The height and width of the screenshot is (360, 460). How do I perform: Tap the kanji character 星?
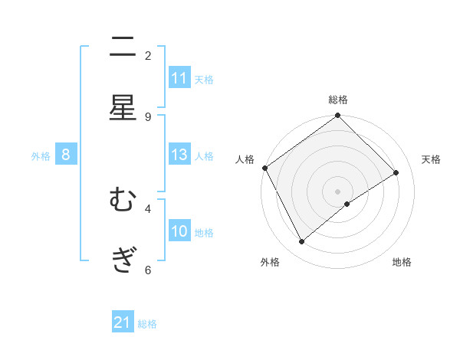(123, 108)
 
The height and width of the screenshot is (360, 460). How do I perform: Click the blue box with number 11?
(179, 78)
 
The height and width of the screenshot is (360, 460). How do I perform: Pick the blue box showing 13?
(179, 155)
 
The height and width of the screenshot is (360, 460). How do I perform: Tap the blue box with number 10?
(179, 231)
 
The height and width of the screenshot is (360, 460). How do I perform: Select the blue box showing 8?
(66, 155)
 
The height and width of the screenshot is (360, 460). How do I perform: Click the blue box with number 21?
(123, 322)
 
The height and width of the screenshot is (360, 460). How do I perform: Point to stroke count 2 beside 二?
(148, 55)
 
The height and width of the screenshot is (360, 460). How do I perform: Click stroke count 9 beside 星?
(148, 116)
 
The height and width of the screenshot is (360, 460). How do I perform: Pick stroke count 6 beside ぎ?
(148, 270)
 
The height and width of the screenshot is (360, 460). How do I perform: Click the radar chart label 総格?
(338, 100)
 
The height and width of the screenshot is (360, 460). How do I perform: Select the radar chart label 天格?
(431, 159)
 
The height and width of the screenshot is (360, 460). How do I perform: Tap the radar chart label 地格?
(402, 262)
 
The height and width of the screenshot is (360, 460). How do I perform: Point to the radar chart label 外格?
(270, 262)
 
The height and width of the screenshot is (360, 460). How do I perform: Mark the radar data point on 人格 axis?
(264, 168)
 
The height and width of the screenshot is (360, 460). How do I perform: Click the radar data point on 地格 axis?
(347, 204)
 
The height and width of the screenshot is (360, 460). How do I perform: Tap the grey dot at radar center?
(338, 191)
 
